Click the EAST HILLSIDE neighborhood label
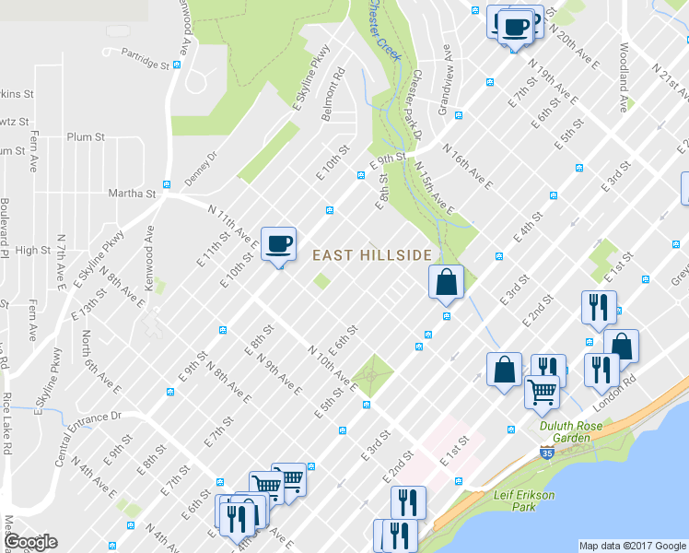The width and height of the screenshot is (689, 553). click(x=372, y=255)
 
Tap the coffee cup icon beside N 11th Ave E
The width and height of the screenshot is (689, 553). click(x=279, y=244)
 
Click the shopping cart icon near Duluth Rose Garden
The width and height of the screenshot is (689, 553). click(x=542, y=390)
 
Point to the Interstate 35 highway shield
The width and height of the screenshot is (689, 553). click(x=546, y=454)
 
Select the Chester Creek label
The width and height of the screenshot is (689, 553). click(x=385, y=29)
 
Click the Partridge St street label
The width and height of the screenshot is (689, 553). click(x=145, y=57)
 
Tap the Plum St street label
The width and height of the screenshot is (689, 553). click(x=86, y=136)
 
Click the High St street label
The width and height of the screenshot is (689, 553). click(x=33, y=250)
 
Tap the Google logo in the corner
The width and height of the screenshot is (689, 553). click(x=30, y=542)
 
